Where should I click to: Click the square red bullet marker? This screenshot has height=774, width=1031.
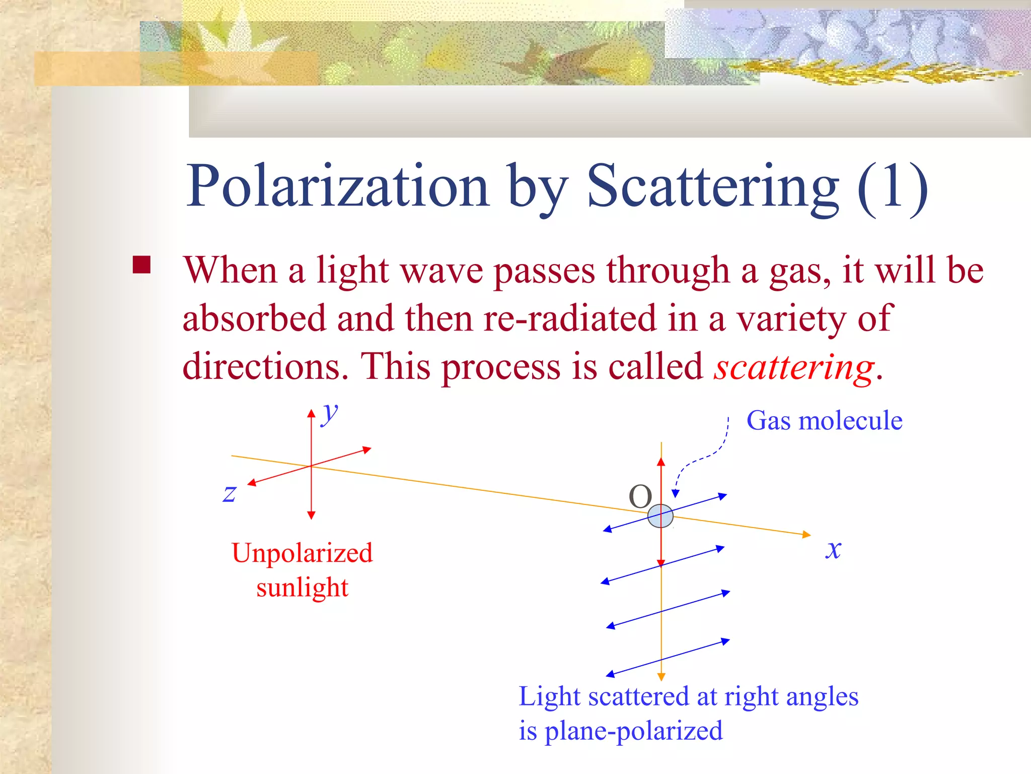pyautogui.click(x=141, y=265)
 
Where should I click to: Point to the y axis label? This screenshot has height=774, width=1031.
pyautogui.click(x=330, y=414)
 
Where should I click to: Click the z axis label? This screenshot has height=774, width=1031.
pyautogui.click(x=230, y=493)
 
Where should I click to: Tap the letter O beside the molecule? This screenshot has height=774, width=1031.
pyautogui.click(x=640, y=497)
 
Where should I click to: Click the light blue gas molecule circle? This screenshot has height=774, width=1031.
pyautogui.click(x=660, y=516)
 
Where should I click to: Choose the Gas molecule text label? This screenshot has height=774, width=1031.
pyautogui.click(x=824, y=421)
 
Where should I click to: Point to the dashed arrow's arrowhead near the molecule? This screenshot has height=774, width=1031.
pyautogui.click(x=676, y=493)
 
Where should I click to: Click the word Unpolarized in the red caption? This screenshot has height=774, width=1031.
pyautogui.click(x=302, y=553)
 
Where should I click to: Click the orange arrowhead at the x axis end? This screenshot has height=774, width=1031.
pyautogui.click(x=806, y=534)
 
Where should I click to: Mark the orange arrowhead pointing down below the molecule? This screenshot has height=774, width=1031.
pyautogui.click(x=661, y=677)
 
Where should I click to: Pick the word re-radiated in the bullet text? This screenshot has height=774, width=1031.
pyautogui.click(x=570, y=319)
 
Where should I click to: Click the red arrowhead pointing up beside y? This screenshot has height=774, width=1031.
pyautogui.click(x=311, y=414)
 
